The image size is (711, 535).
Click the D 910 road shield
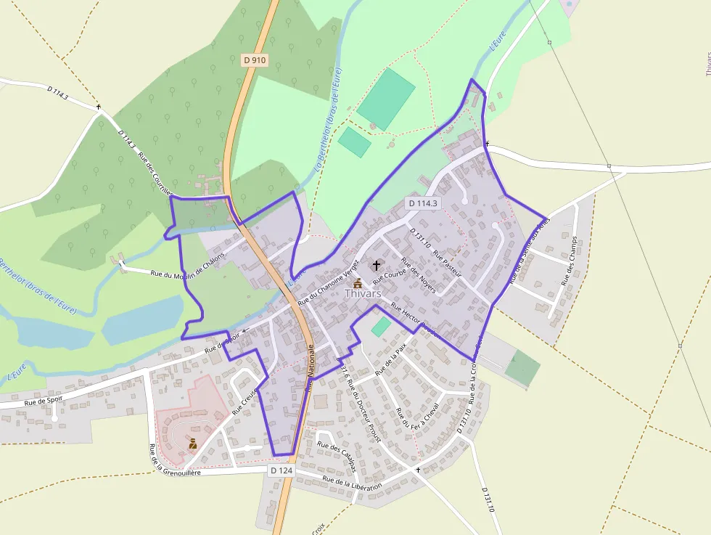tap(255, 60)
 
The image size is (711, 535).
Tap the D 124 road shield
tap(281, 470)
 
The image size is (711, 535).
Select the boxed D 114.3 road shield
tap(423, 203)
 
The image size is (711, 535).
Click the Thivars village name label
tap(363, 294)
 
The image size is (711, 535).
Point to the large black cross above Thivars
tap(376, 266)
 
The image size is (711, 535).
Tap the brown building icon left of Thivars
tap(358, 282)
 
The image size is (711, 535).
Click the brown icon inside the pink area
tap(193, 443)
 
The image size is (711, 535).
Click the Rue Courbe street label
tap(389, 271)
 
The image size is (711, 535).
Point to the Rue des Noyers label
tap(419, 277)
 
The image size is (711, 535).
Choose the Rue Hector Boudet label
tap(416, 319)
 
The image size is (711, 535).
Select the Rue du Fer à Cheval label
tap(416, 421)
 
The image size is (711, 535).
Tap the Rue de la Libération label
tap(352, 483)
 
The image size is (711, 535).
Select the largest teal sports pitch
tap(386, 99)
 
